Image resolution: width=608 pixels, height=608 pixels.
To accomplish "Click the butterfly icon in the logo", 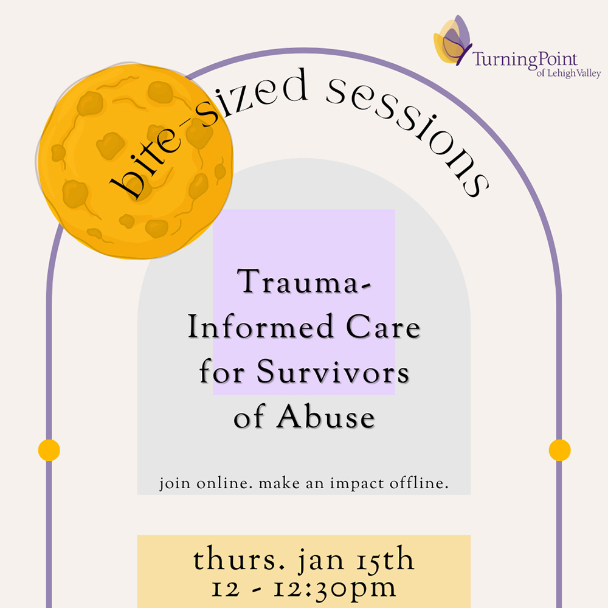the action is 452,40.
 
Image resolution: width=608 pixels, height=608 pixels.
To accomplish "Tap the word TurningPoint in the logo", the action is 525,60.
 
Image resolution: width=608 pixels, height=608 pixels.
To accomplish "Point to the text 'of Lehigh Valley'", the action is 568,73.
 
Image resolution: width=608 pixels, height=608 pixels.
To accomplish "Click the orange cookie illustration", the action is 136,161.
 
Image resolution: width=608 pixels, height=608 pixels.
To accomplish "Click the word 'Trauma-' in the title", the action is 303,281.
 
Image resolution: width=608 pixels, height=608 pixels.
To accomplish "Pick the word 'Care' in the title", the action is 382,327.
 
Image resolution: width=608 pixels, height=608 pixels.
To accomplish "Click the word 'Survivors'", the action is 333,371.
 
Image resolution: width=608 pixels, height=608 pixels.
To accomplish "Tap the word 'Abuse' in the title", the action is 325,416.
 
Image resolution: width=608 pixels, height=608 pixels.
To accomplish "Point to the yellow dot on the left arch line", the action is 49,450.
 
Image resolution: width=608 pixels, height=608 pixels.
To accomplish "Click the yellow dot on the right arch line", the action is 559,450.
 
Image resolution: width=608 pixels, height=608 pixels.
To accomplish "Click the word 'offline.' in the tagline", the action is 419,483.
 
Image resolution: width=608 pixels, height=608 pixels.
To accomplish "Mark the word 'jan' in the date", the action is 320,561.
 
